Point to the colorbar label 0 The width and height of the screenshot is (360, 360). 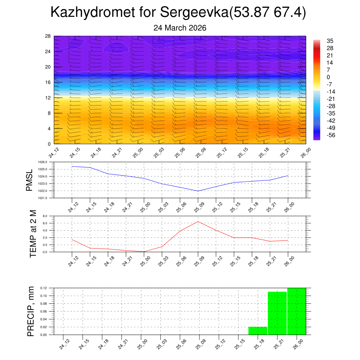[328, 77]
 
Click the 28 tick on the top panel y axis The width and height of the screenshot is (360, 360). [48, 36]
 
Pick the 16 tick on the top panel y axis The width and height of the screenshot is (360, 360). [48, 82]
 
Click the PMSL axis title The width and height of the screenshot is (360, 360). [29, 180]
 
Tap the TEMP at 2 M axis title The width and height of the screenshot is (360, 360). [33, 234]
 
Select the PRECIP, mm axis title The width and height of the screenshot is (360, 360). [31, 311]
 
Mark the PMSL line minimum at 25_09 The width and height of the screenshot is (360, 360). [198, 191]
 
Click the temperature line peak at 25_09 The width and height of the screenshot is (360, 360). [198, 221]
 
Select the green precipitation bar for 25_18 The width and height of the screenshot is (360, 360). [258, 331]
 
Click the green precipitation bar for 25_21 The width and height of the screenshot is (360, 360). [277, 313]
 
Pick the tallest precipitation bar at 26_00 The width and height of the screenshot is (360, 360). [297, 311]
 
